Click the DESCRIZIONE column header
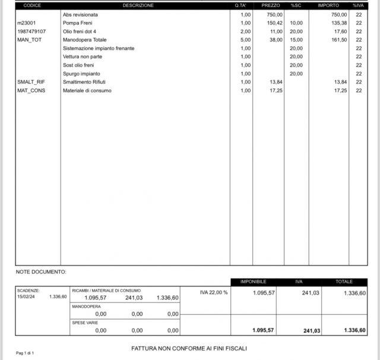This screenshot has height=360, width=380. click(138, 5)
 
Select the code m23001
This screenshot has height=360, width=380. click(27, 23)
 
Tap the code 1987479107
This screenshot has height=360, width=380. click(31, 31)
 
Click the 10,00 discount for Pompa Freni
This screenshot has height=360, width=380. click(296, 23)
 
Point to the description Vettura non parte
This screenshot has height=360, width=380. click(83, 56)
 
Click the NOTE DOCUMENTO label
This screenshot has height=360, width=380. click(41, 272)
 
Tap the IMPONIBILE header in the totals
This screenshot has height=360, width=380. click(252, 281)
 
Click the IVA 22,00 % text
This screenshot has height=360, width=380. click(214, 292)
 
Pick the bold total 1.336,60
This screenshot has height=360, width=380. click(354, 330)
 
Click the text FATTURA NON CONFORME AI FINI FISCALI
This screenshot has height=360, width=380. click(189, 348)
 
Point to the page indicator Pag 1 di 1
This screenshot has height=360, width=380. click(25, 353)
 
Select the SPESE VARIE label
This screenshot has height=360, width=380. click(85, 323)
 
